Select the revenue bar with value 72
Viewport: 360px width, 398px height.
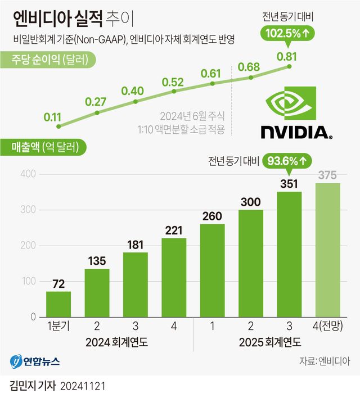pos(58,304)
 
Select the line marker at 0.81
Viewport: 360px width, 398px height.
pos(290,66)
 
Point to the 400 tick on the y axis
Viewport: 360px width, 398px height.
pos(29,174)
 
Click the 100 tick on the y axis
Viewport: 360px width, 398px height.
pos(29,281)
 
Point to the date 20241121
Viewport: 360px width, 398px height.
pos(81,387)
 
